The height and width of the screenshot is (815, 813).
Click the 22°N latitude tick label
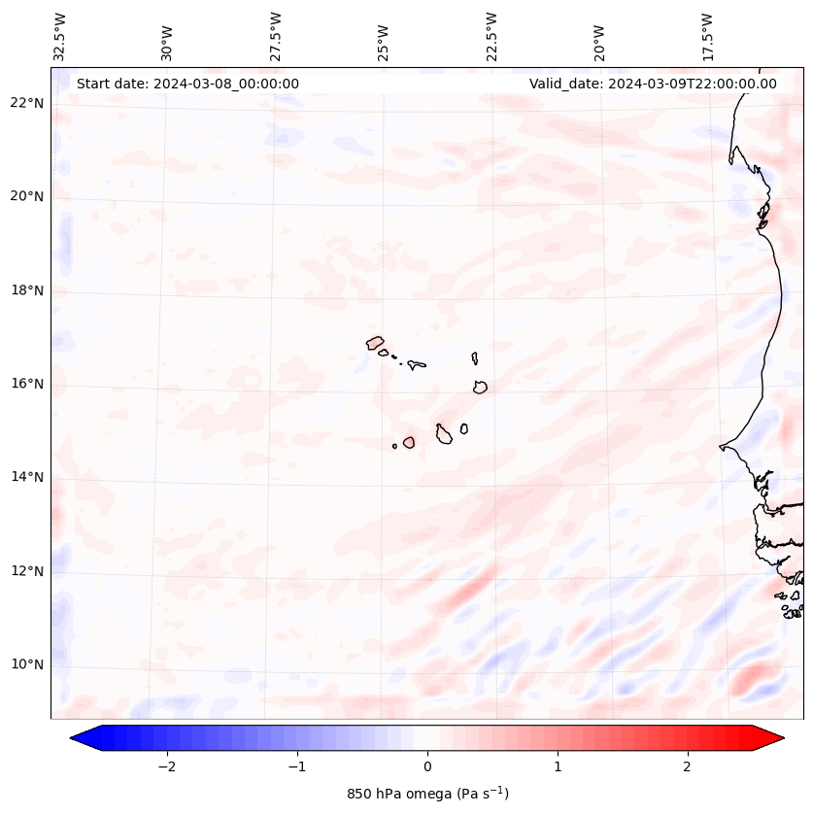(x=27, y=103)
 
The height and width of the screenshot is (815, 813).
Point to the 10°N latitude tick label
(x=27, y=664)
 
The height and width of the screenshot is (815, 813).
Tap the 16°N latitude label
(x=27, y=384)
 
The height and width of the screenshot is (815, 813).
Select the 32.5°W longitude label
(x=60, y=37)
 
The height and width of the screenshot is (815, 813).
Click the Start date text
(x=187, y=84)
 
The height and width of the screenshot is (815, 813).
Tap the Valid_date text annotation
(x=653, y=84)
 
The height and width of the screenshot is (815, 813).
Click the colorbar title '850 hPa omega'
(x=427, y=794)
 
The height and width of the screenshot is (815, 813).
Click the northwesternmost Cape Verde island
(x=375, y=342)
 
